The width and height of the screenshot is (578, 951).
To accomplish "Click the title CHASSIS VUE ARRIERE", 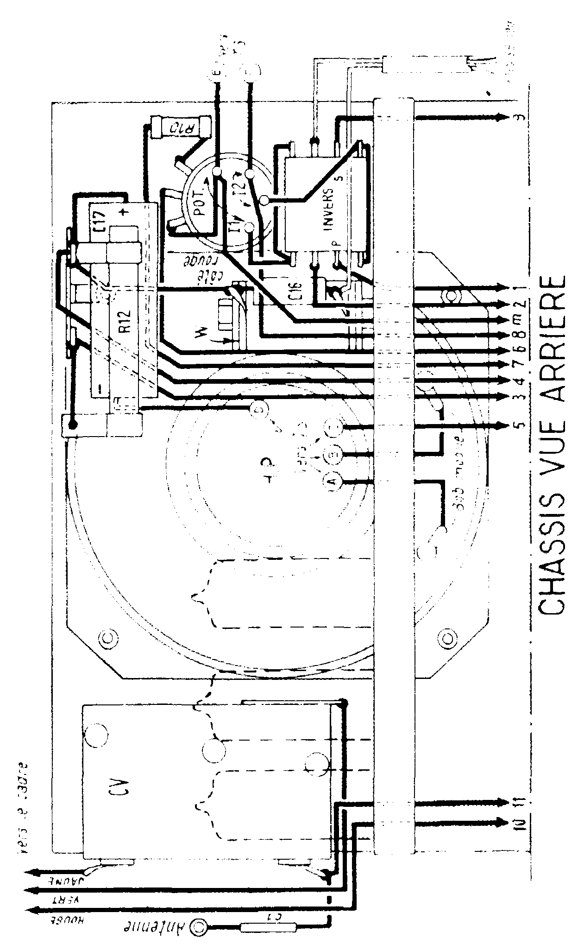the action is (553, 445).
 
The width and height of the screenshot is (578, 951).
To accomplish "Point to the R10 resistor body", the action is (182, 126).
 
